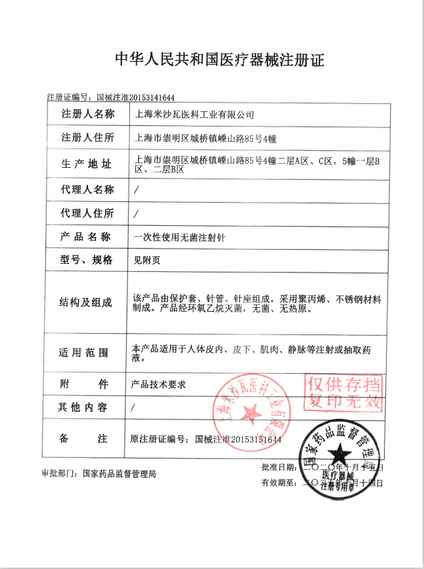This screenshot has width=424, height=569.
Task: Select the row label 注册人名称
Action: pos(88,114)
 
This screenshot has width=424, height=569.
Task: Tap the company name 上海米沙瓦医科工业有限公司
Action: pos(195,115)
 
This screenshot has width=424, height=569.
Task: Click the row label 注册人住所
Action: pos(88,138)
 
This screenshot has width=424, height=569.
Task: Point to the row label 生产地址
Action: pos(87,164)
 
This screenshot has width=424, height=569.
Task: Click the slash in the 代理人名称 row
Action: pos(136,190)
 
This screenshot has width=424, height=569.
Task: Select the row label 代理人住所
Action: pos(88,213)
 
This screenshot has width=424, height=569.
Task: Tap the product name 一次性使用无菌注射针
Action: pos(179,237)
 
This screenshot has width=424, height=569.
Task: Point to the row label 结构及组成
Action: pos(87,302)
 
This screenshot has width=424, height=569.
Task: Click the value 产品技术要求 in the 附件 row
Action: pos(159,384)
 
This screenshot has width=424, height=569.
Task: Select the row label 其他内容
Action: pos(87,408)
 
